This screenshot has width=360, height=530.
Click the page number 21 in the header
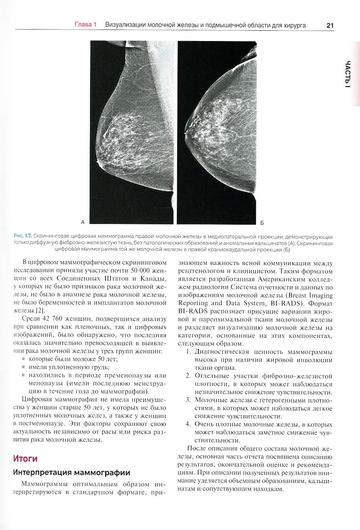[330, 26]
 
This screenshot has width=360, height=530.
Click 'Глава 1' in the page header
[86, 25]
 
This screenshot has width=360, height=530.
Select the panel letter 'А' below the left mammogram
[83, 222]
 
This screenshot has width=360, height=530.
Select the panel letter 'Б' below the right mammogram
[262, 223]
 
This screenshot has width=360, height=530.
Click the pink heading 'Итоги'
[25, 459]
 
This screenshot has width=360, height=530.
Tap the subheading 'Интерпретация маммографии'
[71, 472]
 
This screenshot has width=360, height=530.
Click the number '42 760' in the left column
[51, 319]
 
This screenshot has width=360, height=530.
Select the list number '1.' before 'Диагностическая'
[188, 352]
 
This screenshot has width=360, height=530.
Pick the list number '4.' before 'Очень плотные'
[188, 424]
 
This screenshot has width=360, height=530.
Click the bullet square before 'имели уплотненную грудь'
[24, 367]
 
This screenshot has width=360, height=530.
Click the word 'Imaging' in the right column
[320, 295]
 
